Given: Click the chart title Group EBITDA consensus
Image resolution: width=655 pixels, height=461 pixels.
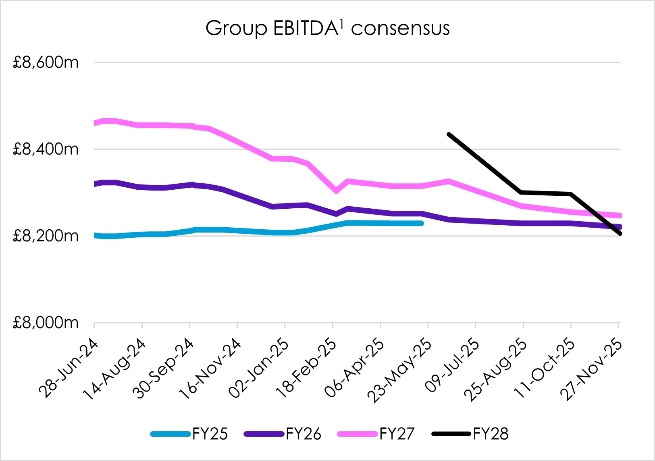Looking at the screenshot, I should tap(327, 28).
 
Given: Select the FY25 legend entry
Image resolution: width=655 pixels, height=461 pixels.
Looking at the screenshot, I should tap(210, 434).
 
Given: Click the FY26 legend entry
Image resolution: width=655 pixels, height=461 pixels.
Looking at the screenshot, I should tap(304, 434).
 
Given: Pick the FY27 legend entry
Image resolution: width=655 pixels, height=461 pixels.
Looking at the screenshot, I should tap(397, 434).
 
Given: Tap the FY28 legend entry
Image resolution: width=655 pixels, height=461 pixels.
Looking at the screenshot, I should tap(491, 434).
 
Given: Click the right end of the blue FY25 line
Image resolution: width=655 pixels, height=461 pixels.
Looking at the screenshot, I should tap(422, 223).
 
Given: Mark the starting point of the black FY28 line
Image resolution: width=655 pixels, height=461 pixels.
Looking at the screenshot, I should tap(449, 134).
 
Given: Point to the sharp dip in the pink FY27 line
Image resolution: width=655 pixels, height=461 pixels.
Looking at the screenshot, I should tap(336, 191).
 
